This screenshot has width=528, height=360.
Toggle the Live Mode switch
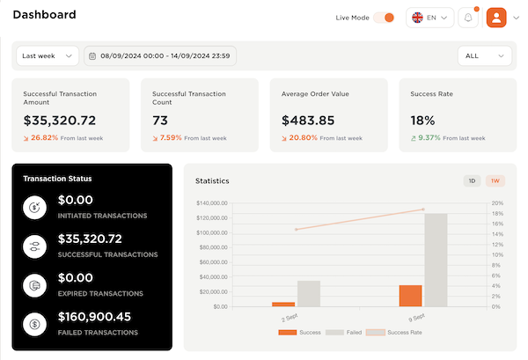384,18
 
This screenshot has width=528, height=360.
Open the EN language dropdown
429,18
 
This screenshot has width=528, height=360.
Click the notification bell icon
468,18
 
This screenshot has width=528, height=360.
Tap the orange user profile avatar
496,18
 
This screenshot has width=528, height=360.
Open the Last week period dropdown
48,56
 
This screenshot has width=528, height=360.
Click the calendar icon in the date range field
92,56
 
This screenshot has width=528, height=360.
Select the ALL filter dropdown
485,56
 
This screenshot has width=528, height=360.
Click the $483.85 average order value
308,121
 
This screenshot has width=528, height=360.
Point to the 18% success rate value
422,121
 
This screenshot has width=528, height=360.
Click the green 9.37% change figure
429,137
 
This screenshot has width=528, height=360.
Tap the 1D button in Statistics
472,180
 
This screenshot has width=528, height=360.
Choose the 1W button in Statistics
495,180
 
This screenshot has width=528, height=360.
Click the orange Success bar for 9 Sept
410,296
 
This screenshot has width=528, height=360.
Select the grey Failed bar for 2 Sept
309,294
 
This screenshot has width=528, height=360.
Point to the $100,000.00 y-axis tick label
212,232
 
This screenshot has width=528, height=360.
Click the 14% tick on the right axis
497,234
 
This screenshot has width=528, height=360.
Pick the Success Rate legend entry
393,333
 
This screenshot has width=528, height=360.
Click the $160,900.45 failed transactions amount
94,317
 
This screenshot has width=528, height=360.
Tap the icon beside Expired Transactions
34,285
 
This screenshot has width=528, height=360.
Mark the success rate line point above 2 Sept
297,230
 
